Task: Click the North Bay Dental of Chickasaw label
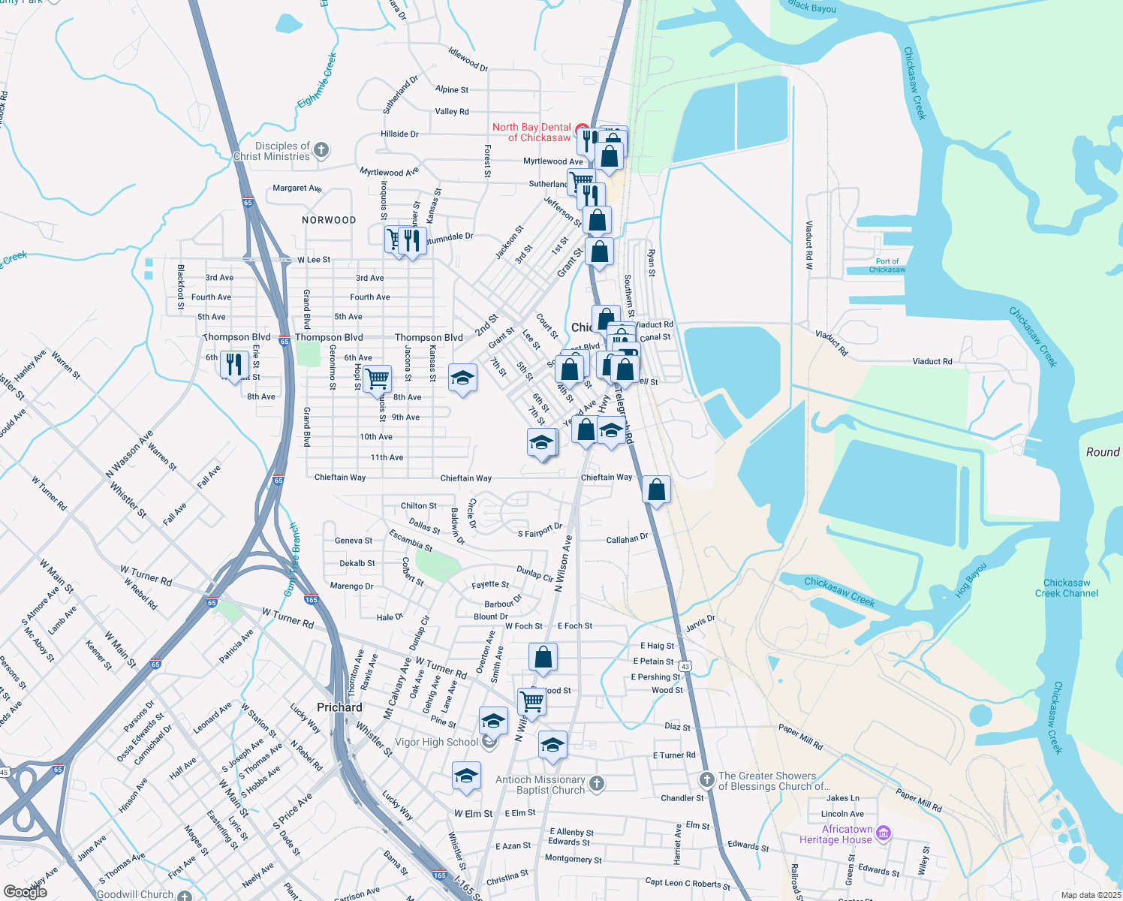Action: pos(531,132)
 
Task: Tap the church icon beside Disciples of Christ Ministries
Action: pos(321,149)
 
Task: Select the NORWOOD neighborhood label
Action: pos(329,220)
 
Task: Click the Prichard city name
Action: pos(339,707)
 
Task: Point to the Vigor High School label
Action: pos(436,742)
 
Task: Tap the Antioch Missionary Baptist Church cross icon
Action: pos(597,784)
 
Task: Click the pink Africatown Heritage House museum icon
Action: pos(884,833)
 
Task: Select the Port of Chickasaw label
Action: pos(887,266)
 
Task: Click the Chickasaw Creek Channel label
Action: pos(1066,588)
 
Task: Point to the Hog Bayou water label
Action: pos(971,580)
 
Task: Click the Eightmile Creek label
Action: pos(317,80)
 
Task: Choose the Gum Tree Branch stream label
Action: pos(290,560)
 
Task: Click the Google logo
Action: pos(26,891)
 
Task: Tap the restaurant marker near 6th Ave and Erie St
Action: pos(234,365)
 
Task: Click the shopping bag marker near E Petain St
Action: pos(543,657)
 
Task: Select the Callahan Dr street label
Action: pos(627,538)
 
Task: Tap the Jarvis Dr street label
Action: pos(700,623)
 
